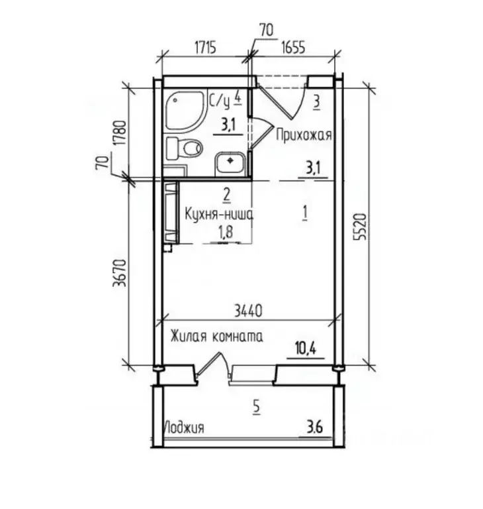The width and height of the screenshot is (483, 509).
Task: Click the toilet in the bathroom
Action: [x=184, y=148]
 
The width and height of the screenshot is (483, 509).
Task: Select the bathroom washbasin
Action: [x=229, y=162]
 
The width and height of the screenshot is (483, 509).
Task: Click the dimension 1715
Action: [x=205, y=48]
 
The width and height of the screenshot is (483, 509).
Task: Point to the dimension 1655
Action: [x=293, y=48]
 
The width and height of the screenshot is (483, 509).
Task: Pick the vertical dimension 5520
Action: [x=360, y=227]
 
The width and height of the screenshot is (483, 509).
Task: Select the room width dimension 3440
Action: [x=248, y=311]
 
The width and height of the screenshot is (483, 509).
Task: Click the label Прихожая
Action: [x=304, y=135]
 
